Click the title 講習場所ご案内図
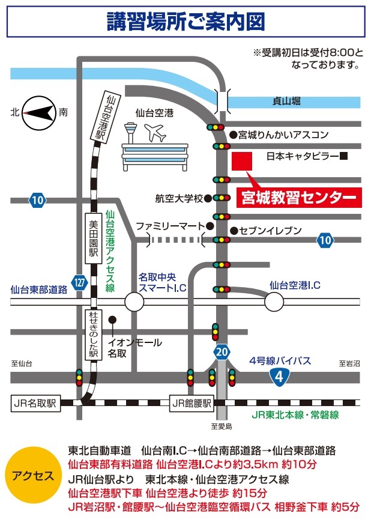coord(186,23)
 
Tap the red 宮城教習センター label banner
coord(299,198)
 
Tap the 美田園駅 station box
coord(92,237)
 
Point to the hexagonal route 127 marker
coord(79,281)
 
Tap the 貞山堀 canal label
coord(286,102)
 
